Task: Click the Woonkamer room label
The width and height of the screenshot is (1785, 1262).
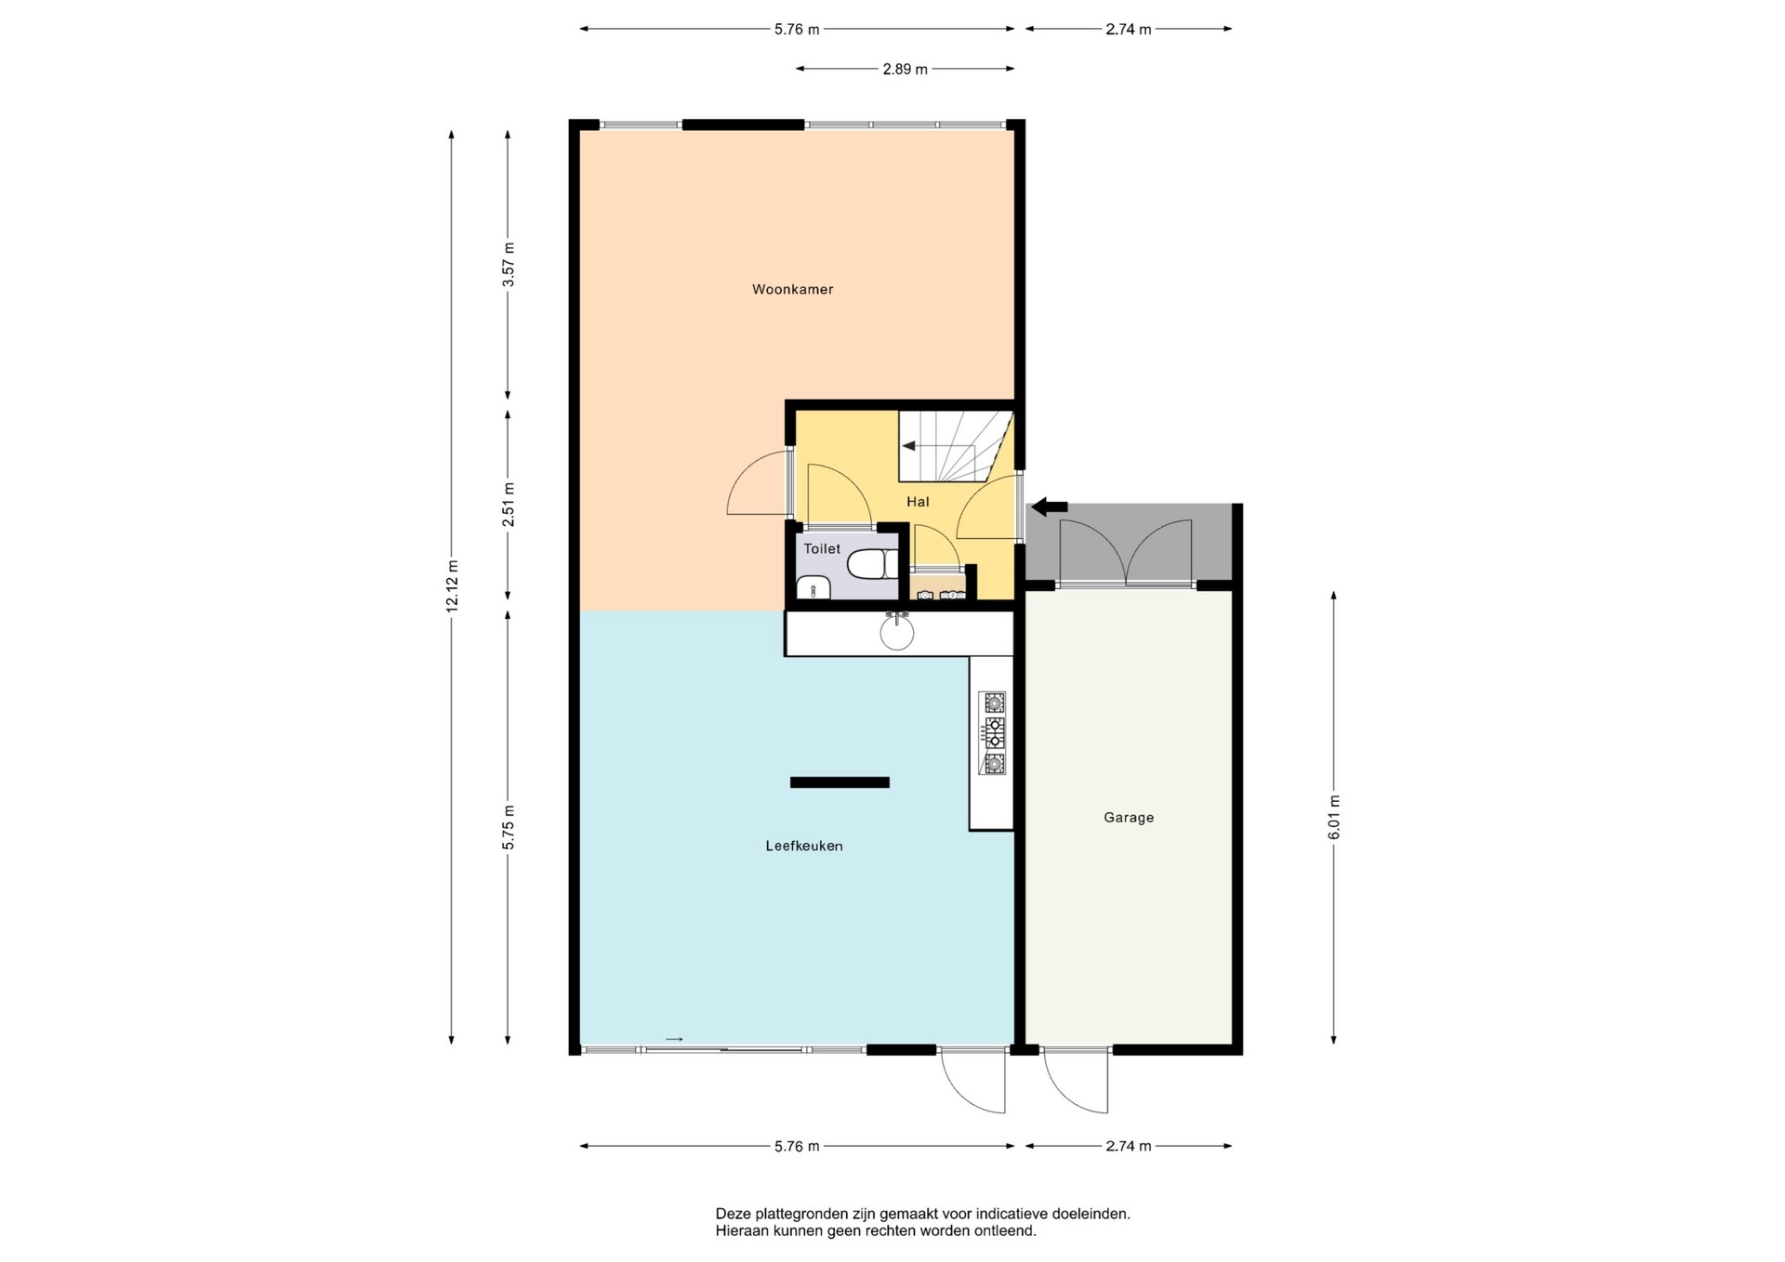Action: (x=792, y=289)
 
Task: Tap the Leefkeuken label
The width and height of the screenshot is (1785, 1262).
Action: (x=804, y=846)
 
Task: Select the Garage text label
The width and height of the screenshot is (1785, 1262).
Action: (x=1129, y=818)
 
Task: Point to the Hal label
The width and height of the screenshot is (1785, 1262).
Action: (x=918, y=502)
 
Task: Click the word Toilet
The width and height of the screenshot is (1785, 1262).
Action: (x=822, y=549)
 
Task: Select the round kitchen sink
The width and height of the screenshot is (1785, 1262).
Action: (x=897, y=632)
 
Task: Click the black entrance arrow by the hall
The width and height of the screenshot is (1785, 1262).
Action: (x=1050, y=506)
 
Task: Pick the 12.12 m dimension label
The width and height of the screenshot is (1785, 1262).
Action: (x=452, y=586)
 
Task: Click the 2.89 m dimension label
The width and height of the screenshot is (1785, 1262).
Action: (x=905, y=69)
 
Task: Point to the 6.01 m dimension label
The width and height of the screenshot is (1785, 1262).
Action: (x=1333, y=818)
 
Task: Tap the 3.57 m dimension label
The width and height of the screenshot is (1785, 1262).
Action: (x=508, y=265)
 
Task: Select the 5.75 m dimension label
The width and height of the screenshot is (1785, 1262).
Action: (x=508, y=827)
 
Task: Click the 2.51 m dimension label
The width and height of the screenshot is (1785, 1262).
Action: (x=508, y=505)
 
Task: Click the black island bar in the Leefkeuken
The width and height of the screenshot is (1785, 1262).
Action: (x=840, y=782)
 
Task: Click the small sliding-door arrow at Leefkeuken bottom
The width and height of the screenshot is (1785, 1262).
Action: (x=675, y=1039)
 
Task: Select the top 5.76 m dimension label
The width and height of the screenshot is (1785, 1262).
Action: (x=797, y=29)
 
